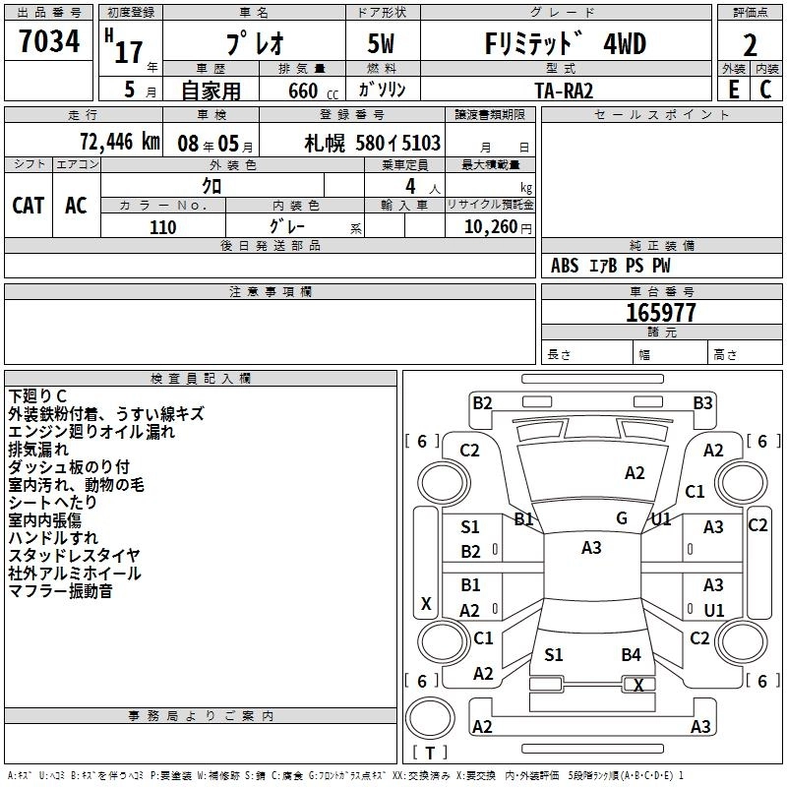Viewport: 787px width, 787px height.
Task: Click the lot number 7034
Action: click(49, 41)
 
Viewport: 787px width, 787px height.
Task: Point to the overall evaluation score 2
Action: click(750, 45)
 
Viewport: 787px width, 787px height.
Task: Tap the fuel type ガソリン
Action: click(383, 90)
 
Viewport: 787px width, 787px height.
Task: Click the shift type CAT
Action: click(28, 205)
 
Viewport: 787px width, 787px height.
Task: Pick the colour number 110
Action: click(162, 227)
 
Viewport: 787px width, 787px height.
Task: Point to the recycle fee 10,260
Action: click(488, 227)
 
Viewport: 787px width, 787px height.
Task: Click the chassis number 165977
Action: click(660, 313)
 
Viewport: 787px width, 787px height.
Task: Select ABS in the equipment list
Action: click(565, 266)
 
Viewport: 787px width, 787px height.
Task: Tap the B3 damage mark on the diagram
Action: click(702, 402)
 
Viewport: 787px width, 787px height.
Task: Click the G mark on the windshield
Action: click(622, 517)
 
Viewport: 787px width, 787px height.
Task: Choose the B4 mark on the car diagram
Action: click(631, 654)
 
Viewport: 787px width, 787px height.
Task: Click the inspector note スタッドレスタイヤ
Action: click(74, 556)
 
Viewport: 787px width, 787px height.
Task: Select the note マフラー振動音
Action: click(60, 591)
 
